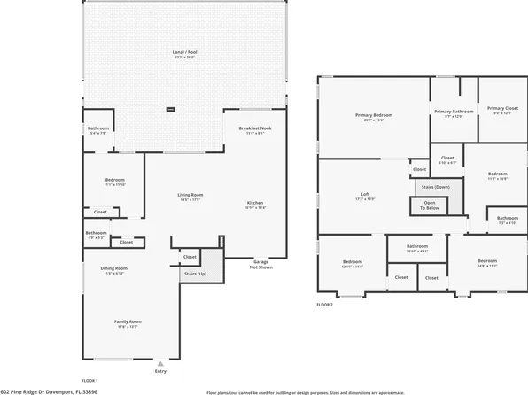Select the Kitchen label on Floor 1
[254, 204]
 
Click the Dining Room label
[113, 269]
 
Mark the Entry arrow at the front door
[160, 363]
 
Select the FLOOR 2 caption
[324, 304]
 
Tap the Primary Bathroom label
[454, 112]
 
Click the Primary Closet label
[502, 112]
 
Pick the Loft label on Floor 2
[365, 196]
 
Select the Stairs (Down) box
[434, 187]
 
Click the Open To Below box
[429, 205]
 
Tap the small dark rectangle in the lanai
[171, 110]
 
